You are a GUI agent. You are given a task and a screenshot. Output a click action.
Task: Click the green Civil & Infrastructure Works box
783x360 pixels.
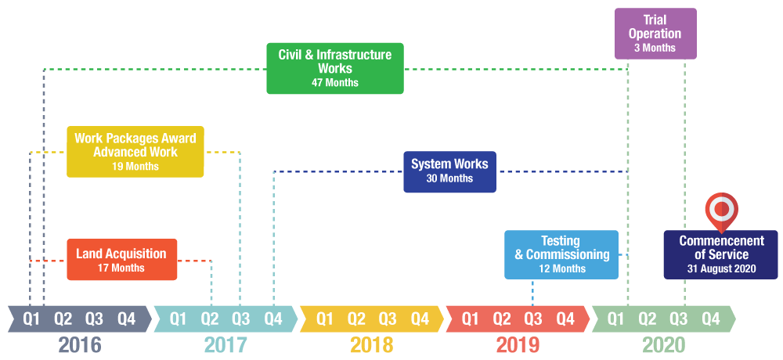(x=335, y=68)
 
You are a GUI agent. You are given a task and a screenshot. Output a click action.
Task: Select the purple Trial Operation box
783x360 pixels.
(x=655, y=33)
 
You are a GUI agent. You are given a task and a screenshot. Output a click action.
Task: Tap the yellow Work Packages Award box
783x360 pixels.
(x=135, y=151)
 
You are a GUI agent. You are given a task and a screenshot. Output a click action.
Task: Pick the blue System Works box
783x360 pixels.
(x=449, y=171)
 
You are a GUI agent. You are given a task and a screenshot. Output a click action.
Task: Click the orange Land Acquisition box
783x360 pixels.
(x=121, y=259)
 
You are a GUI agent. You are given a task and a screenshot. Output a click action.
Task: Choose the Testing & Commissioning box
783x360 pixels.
(x=561, y=254)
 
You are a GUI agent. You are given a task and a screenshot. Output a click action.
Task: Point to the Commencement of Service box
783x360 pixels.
(x=721, y=254)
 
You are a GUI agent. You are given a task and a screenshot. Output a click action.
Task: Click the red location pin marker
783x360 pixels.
(x=721, y=210)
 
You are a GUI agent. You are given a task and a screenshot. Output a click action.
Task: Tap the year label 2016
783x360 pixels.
(x=80, y=345)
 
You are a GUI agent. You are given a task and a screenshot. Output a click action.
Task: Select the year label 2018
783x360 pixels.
(x=372, y=345)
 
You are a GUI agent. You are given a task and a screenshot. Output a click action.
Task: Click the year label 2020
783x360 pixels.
(x=663, y=345)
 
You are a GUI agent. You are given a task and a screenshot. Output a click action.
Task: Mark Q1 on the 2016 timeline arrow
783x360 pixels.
(x=31, y=319)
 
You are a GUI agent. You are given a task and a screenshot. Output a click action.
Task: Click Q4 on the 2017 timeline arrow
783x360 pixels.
(x=272, y=319)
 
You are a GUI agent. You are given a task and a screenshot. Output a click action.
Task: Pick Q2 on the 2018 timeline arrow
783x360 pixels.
(x=356, y=319)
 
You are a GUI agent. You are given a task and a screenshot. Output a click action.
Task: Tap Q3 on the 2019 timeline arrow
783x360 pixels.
(x=533, y=319)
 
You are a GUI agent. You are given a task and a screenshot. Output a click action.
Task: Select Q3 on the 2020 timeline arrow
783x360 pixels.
(x=678, y=319)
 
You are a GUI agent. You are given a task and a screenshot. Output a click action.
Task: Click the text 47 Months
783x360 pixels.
(x=335, y=83)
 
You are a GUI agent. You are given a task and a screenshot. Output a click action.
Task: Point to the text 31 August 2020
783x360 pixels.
(x=721, y=268)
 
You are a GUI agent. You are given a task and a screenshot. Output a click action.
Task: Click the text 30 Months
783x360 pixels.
(x=449, y=179)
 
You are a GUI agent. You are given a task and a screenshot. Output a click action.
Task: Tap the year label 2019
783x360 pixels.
(x=518, y=345)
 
